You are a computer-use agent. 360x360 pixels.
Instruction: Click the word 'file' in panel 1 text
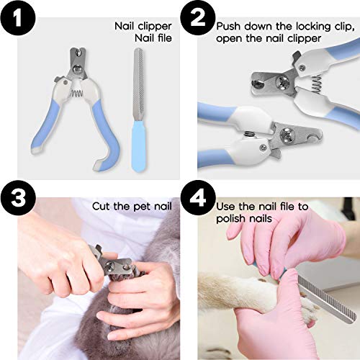[161, 37]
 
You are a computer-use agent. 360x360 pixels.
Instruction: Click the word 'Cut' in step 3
[103, 206]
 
